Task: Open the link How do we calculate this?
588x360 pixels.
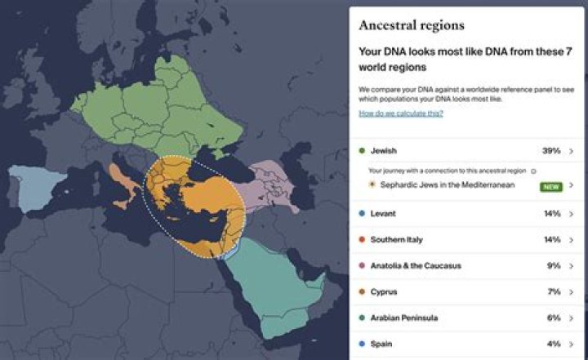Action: [x=400, y=113]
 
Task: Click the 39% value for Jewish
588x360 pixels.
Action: [x=551, y=151]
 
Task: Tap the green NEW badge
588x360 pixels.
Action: [x=551, y=186]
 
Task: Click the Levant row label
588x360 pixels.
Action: [x=383, y=214]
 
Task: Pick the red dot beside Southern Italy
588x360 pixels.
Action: [x=362, y=240]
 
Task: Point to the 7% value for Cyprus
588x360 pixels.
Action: [x=553, y=291]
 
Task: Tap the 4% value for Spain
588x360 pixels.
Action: [x=553, y=344]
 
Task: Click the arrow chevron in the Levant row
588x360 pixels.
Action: [x=571, y=214]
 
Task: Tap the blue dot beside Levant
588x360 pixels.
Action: [x=362, y=214]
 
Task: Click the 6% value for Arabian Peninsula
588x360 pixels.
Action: [x=553, y=318]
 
